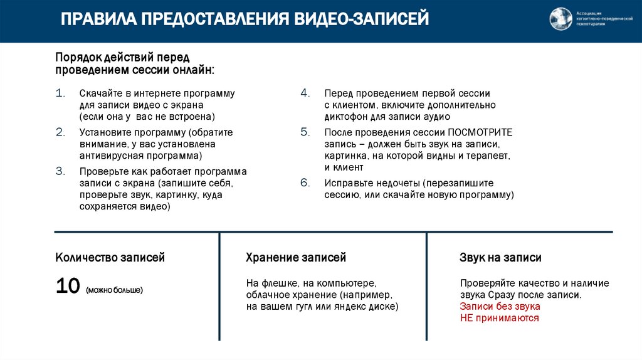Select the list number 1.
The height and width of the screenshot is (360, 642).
60,93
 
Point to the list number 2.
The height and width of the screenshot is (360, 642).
60,132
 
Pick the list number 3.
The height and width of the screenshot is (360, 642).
60,171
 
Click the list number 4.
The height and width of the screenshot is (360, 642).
305,93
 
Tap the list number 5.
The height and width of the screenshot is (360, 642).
305,132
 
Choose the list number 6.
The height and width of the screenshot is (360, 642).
305,183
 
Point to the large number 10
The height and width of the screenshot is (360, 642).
67,287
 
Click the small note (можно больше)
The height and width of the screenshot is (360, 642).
115,290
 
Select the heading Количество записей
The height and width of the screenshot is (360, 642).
110,258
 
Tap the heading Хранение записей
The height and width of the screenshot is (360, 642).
296,258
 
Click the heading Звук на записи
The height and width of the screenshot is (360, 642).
500,258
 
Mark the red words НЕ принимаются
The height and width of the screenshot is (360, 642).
500,318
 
